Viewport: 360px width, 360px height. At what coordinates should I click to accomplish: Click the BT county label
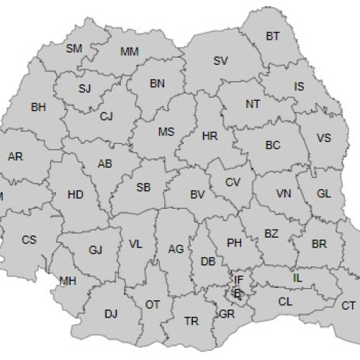[x=273, y=35]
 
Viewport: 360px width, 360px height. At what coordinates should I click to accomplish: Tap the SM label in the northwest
[x=74, y=48]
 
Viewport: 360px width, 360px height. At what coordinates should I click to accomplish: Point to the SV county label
[x=221, y=60]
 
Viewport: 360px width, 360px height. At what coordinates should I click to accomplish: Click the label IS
[x=299, y=86]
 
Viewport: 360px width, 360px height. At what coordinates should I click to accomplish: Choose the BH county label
[x=38, y=107]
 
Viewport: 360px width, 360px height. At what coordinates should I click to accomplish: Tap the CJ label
[x=107, y=116]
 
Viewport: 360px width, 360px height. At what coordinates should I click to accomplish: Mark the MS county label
[x=166, y=132]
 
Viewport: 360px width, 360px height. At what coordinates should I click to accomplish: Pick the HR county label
[x=210, y=135]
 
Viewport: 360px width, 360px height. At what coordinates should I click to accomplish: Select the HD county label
[x=75, y=194]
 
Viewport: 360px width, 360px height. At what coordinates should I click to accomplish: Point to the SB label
[x=143, y=188]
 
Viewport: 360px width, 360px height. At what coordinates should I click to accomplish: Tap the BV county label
[x=198, y=194]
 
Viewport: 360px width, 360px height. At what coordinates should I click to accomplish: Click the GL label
[x=324, y=194]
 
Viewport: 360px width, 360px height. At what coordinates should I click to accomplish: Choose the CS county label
[x=29, y=239]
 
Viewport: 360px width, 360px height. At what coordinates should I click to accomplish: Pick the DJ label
[x=110, y=313]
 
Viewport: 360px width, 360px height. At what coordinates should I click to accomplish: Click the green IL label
[x=297, y=277]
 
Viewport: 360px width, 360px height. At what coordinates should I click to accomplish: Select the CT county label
[x=348, y=305]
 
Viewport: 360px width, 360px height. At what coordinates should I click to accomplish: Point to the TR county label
[x=192, y=320]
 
